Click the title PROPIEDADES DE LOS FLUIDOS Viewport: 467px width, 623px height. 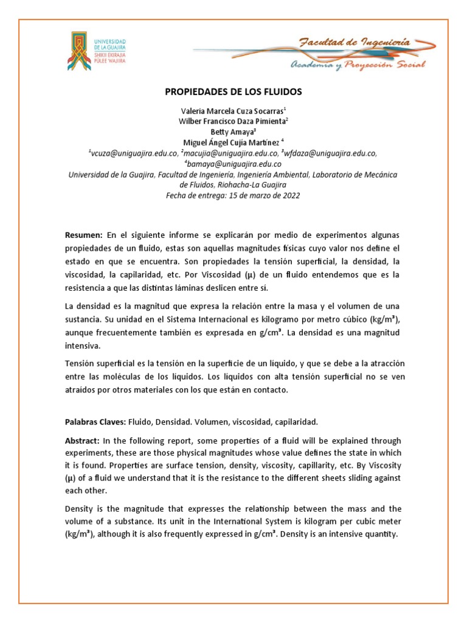(233, 92)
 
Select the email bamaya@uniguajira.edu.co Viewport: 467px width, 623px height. (233, 164)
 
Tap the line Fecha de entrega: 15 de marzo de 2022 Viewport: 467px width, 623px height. (233, 196)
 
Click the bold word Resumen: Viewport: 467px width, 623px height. (85, 235)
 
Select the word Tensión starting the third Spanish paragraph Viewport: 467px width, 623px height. (81, 363)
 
